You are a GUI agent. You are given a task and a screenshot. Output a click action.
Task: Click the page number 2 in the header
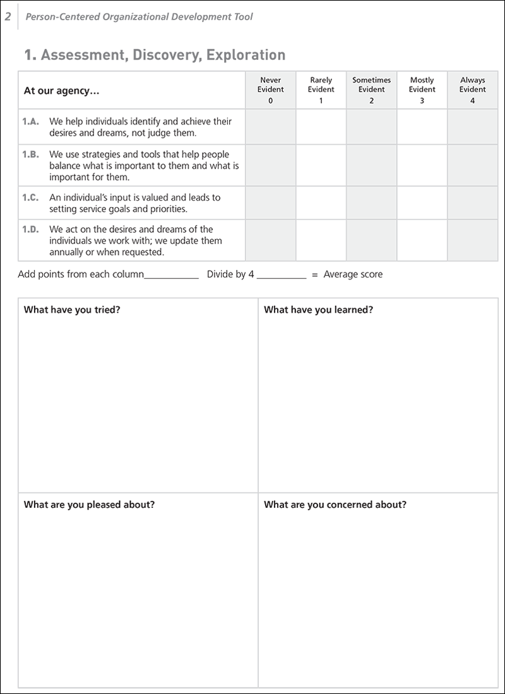click(8, 17)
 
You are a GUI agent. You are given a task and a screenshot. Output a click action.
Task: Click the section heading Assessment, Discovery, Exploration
click(155, 55)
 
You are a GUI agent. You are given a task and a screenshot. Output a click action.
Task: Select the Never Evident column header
click(270, 90)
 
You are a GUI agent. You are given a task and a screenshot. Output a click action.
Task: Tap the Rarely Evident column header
click(321, 90)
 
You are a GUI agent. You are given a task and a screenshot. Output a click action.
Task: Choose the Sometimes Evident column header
click(371, 90)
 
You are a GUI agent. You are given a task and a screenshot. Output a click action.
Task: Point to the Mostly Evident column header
click(422, 90)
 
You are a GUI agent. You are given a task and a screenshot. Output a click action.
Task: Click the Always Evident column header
click(472, 90)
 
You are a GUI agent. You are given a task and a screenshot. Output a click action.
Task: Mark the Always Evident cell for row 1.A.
click(472, 126)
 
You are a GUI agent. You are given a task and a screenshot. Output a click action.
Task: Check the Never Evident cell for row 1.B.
click(270, 165)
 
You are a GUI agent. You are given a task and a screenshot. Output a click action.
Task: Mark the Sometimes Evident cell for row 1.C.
click(371, 203)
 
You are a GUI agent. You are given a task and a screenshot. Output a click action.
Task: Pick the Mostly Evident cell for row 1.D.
click(422, 240)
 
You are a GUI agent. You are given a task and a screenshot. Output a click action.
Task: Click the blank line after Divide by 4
click(281, 275)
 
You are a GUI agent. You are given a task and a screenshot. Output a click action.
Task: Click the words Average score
click(353, 274)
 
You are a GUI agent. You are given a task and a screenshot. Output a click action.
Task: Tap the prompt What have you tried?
click(72, 310)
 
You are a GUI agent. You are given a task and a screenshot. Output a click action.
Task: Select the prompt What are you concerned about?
click(335, 505)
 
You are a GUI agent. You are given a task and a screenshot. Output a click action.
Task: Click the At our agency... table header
click(62, 90)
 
